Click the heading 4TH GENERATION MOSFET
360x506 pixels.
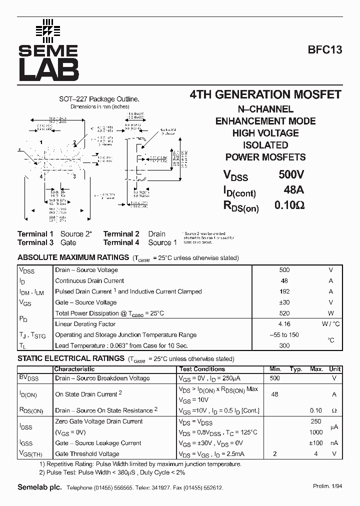point(265,94)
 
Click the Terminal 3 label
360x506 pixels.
point(35,242)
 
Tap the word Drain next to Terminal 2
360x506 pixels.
point(156,233)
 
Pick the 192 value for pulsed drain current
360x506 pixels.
point(284,291)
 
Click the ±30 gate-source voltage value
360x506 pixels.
point(284,302)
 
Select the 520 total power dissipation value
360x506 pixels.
point(284,313)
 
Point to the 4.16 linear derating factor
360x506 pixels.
point(284,324)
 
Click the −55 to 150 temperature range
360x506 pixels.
point(284,335)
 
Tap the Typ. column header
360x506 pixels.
point(296,369)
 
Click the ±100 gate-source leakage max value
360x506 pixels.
point(316,443)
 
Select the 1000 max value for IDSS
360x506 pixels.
point(316,432)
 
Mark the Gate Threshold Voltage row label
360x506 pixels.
point(87,454)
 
